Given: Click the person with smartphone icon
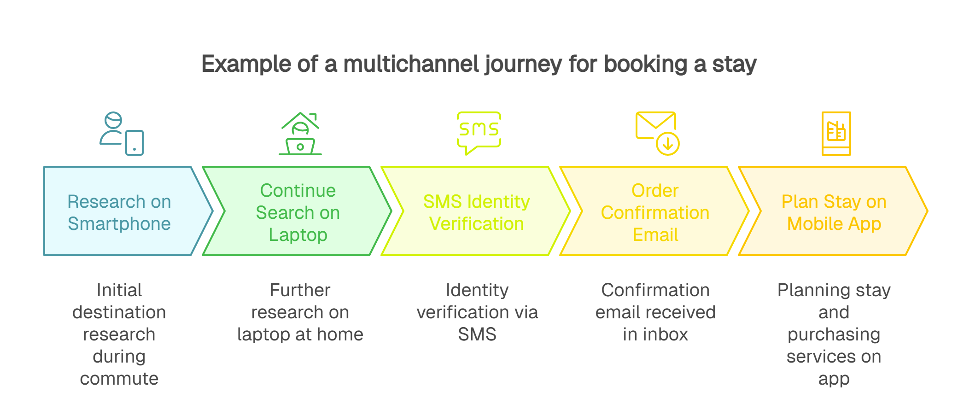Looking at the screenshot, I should (122, 134).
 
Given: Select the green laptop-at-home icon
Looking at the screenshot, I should (300, 134).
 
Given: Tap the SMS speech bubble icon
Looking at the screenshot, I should (479, 132).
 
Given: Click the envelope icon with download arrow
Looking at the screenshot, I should (657, 133).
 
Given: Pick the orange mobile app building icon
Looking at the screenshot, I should (836, 133).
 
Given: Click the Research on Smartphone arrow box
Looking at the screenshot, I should (119, 212).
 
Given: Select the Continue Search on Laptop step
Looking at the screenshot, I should (298, 212).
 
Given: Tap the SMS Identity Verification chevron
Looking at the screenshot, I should (476, 212).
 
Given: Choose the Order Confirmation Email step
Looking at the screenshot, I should (655, 212).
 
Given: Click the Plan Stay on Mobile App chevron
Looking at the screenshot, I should (834, 212).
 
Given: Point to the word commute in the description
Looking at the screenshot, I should (119, 379).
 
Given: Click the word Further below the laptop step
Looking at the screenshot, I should (300, 290).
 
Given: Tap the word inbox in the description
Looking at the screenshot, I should (666, 334).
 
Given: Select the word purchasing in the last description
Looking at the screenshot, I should (834, 334).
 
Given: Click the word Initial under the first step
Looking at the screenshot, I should (119, 290).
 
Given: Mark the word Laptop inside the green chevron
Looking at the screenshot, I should (298, 235).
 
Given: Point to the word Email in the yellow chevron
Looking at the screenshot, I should (655, 235).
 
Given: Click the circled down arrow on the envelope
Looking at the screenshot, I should (667, 144).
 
